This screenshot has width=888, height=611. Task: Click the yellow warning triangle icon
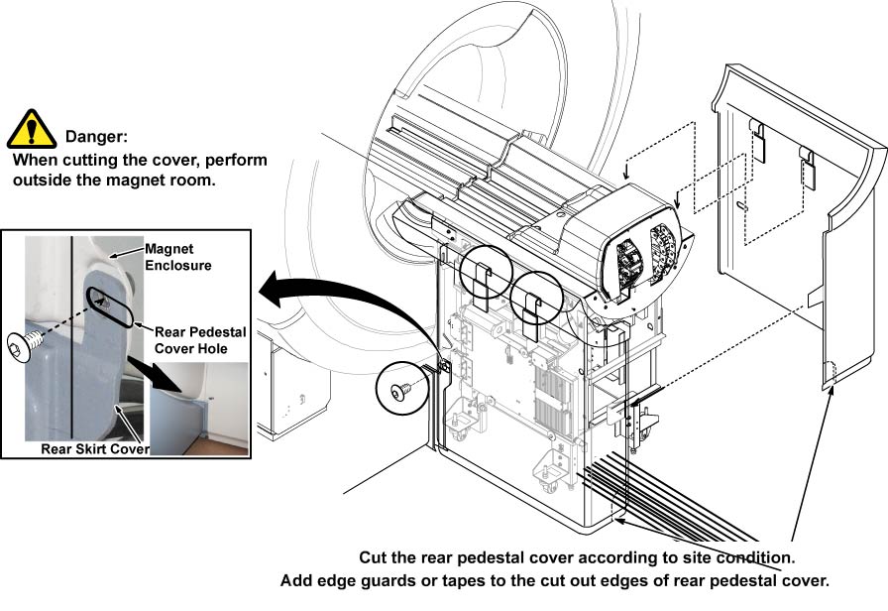click(x=32, y=130)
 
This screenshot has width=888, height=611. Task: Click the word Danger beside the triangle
click(x=96, y=136)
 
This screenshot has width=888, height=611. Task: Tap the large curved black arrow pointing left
click(x=327, y=298)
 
